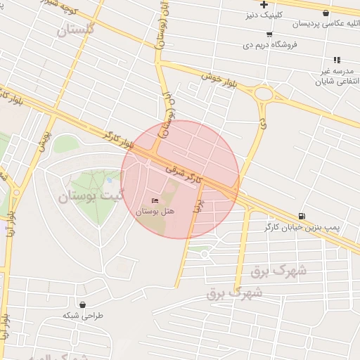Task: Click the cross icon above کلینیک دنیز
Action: [264, 5]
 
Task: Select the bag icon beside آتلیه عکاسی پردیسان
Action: [325, 13]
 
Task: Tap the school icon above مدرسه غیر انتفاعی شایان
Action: [337, 60]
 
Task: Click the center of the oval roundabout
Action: [264, 94]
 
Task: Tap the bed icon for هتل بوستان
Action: [155, 201]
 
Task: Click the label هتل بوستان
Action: [154, 211]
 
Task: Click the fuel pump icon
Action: [302, 216]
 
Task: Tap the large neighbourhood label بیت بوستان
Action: [94, 197]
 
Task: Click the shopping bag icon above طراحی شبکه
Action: [84, 305]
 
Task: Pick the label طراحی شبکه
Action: [83, 316]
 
